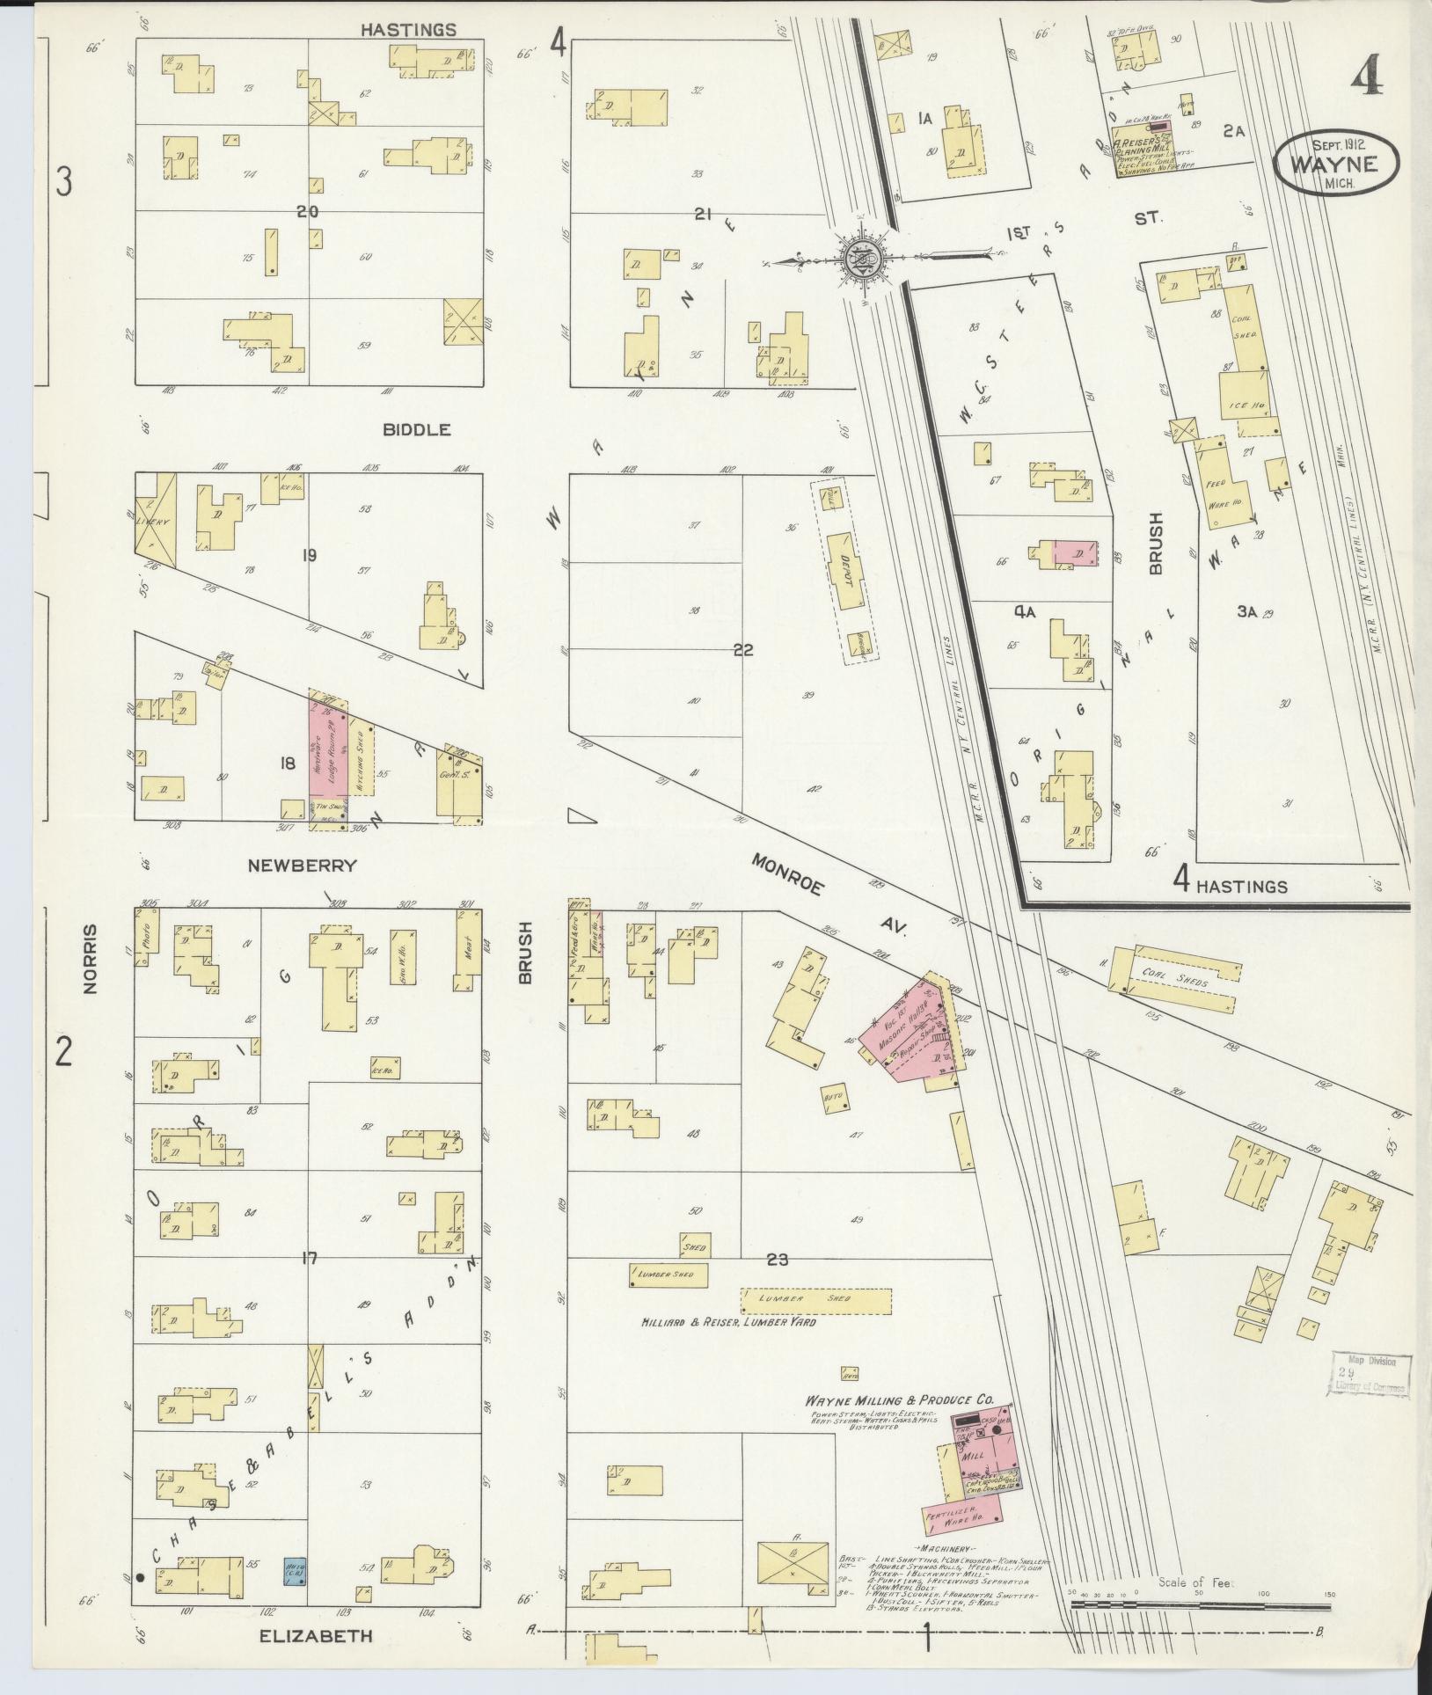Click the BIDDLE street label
(417, 430)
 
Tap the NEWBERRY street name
(302, 866)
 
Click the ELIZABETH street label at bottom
(317, 1636)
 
